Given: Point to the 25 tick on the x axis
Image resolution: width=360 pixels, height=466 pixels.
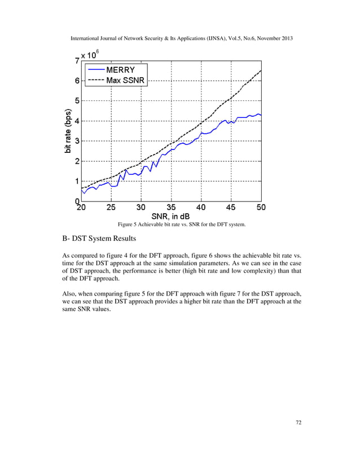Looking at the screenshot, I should point(111,208).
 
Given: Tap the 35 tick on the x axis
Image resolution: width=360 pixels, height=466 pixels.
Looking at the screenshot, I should point(171,208).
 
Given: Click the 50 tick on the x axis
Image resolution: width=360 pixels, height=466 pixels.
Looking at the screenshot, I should point(261,208).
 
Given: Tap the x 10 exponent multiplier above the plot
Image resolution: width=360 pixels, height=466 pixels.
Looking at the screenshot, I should point(90,55).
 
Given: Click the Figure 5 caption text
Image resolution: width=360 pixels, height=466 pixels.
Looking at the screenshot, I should point(182,225).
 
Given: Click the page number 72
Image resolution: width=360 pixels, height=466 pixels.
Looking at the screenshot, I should point(298,437).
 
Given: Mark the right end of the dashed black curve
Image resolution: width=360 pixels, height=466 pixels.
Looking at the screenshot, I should point(261,71).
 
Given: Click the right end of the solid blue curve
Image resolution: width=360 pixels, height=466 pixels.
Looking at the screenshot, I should point(261,115).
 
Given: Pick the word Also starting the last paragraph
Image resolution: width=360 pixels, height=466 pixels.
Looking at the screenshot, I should point(69,293).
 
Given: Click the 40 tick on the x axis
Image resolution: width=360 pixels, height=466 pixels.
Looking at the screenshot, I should point(201,208).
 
